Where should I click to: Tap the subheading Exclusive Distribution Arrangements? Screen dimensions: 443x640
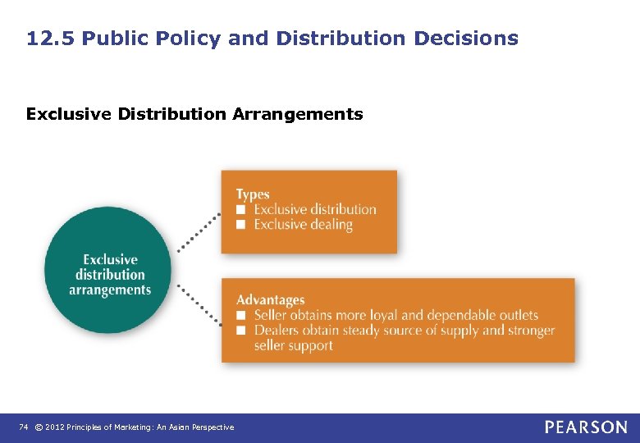pos(194,114)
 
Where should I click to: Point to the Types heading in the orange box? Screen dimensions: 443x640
pos(253,194)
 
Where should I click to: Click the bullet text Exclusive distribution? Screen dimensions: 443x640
pos(315,209)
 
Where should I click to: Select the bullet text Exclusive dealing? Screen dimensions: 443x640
pos(303,225)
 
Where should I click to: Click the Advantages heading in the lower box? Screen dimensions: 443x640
pos(270,300)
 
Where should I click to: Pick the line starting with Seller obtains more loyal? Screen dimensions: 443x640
pos(395,315)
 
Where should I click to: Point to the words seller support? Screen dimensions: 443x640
pos(293,346)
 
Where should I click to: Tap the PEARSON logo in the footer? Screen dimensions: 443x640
pos(586,427)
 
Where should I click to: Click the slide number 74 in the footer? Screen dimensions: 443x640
pos(24,427)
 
